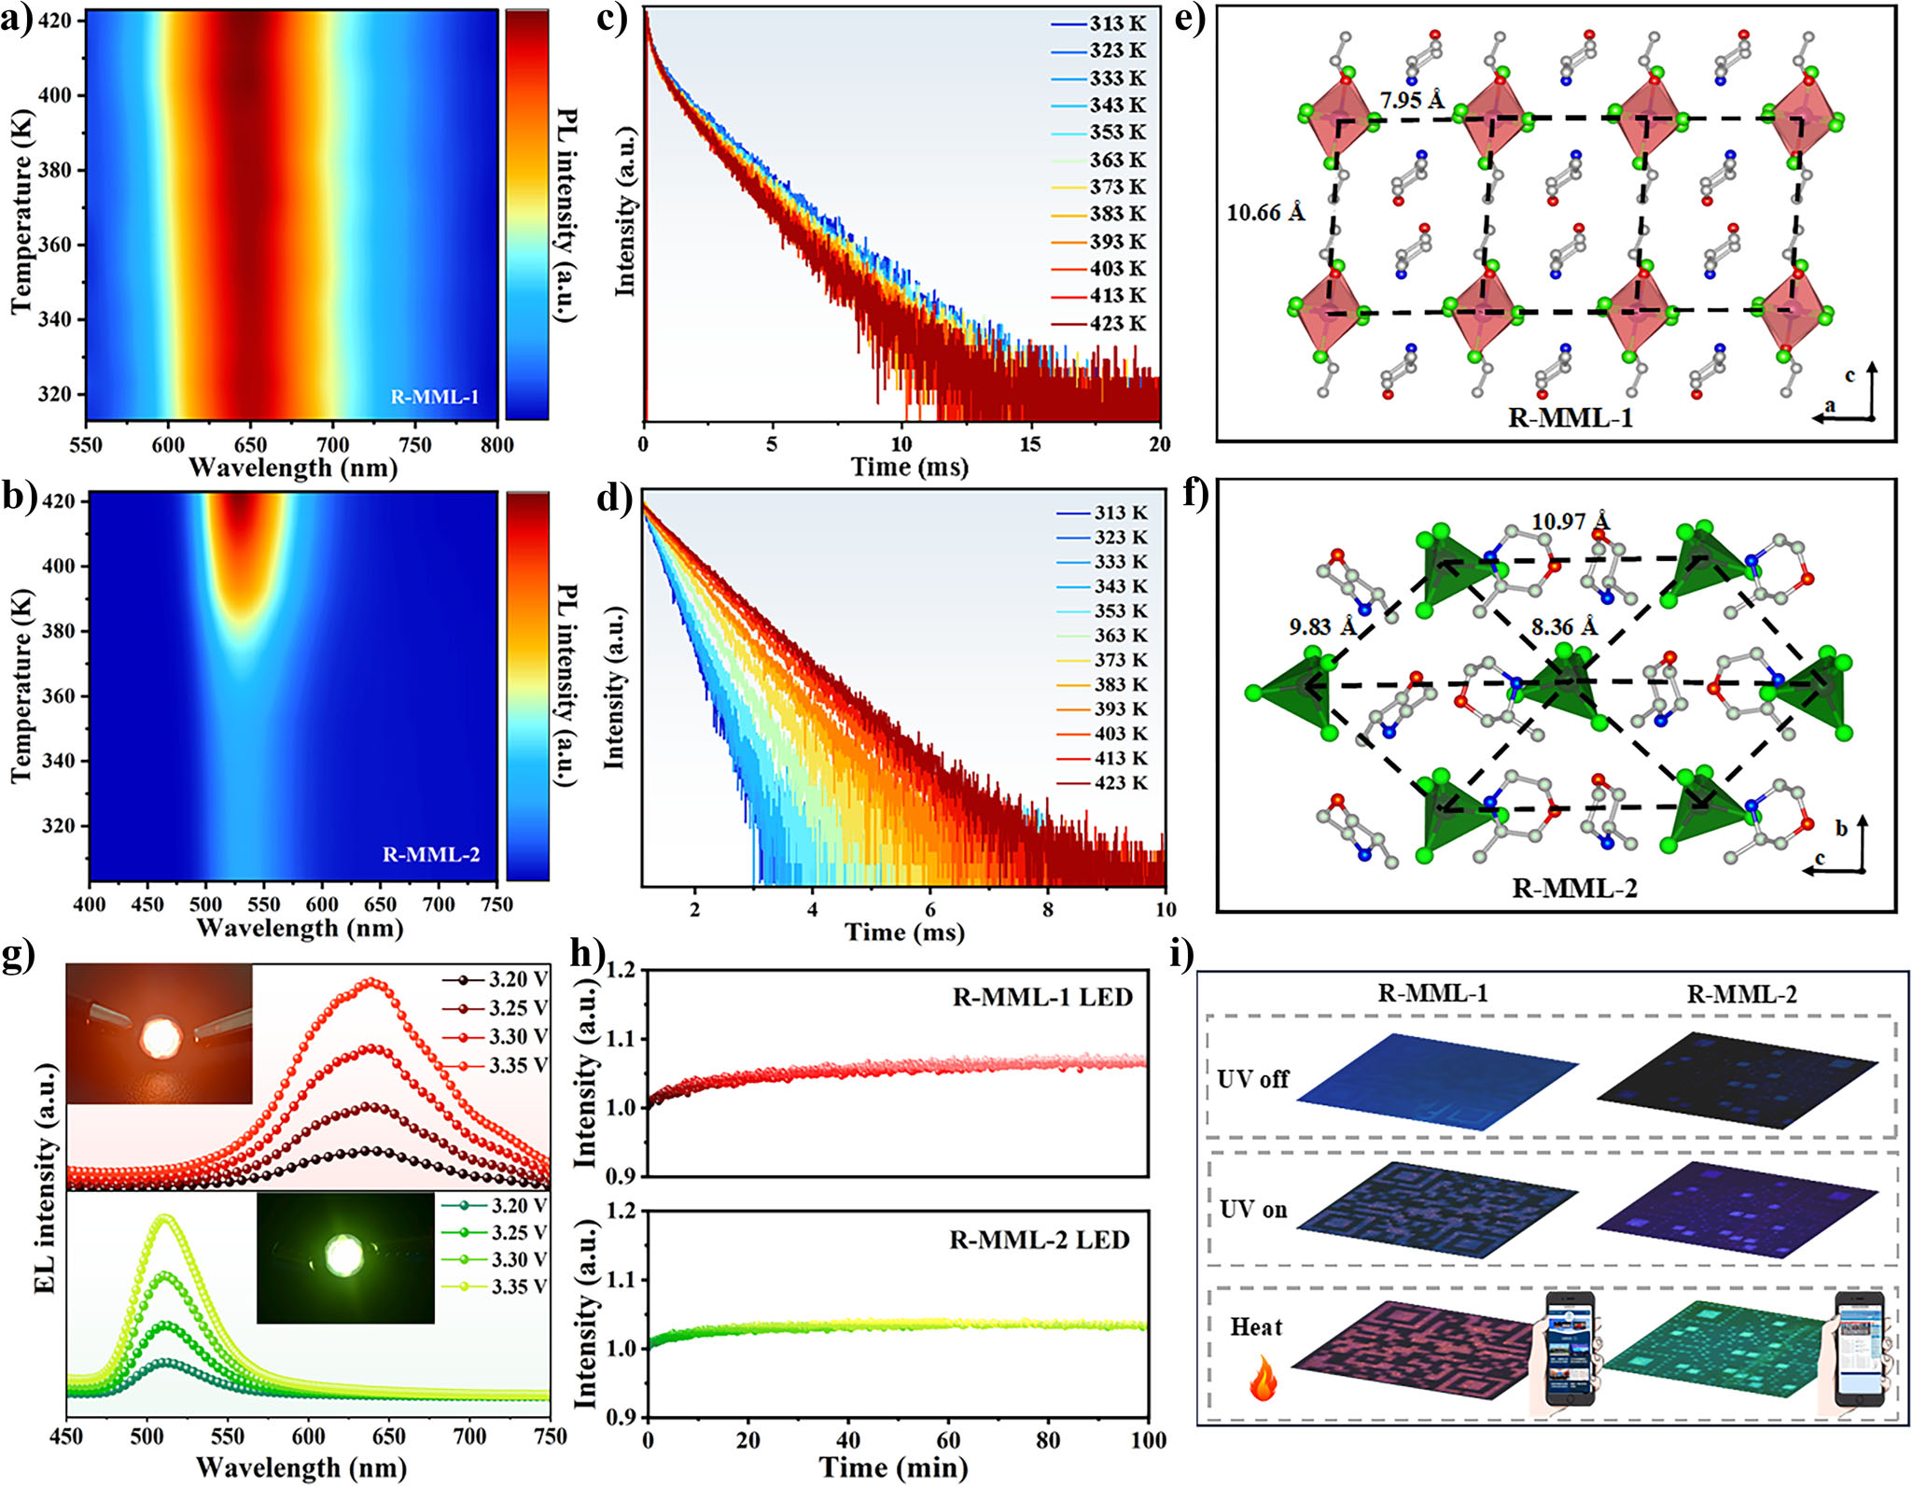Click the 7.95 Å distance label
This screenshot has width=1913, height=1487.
[x=1412, y=100]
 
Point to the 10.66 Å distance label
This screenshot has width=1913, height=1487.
[x=1265, y=213]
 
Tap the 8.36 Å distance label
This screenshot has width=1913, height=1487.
[x=1564, y=626]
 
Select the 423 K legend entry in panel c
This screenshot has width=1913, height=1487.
[x=1117, y=323]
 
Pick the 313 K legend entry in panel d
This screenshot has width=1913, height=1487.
[x=1121, y=512]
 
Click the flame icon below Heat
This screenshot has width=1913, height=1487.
[x=1263, y=1377]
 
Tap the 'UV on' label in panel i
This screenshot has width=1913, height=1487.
[x=1253, y=1210]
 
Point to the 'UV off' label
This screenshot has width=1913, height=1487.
[x=1252, y=1079]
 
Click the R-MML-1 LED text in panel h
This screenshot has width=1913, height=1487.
[x=1042, y=997]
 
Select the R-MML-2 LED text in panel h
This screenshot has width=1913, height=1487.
[x=1040, y=1240]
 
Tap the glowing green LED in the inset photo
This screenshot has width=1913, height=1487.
[x=344, y=1256]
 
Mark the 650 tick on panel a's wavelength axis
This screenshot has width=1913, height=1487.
[x=250, y=445]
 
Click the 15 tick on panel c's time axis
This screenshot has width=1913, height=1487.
[x=1029, y=444]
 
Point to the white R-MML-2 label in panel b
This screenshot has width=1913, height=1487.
[x=431, y=854]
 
